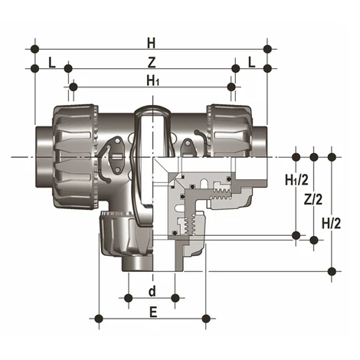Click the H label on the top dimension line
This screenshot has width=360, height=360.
coord(151,41)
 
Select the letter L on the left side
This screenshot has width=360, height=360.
coord(51,61)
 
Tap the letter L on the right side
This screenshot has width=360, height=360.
coord(251,61)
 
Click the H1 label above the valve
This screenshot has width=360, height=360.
coord(152,80)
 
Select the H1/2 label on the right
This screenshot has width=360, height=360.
coord(296,181)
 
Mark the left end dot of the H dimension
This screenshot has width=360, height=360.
coord(34,49)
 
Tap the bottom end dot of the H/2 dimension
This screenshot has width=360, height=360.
coord(332,270)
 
